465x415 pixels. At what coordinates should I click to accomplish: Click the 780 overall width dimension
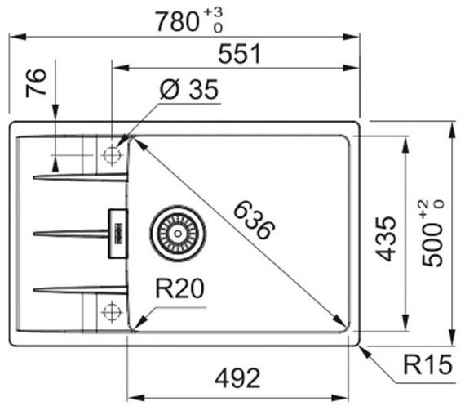pos(177,21)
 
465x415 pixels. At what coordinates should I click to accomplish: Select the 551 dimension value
pos(239,54)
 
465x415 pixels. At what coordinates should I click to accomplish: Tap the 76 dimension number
pos(36,83)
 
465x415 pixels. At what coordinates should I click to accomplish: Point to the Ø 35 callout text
pos(189,89)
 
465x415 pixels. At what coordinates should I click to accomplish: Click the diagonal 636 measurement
pos(255,220)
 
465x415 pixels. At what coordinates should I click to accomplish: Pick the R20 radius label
pos(179,288)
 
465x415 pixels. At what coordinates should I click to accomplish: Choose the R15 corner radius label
pos(427,364)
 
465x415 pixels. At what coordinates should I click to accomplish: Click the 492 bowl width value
pos(237,378)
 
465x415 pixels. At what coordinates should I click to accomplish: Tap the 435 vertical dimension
pos(386,239)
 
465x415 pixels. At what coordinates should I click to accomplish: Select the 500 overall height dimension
pos(432,245)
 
